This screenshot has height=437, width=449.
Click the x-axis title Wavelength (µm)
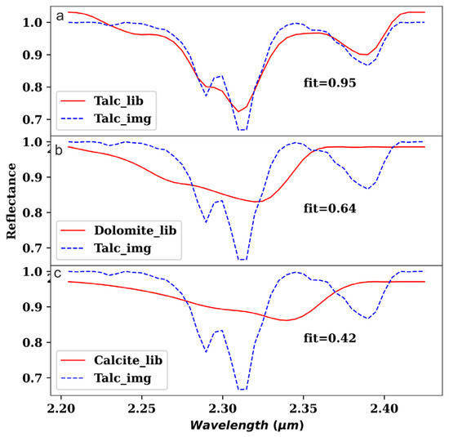click(242, 425)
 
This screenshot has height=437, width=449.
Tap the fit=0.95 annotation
click(325, 82)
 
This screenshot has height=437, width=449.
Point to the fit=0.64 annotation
click(325, 207)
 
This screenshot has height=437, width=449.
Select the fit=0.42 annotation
click(325, 336)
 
